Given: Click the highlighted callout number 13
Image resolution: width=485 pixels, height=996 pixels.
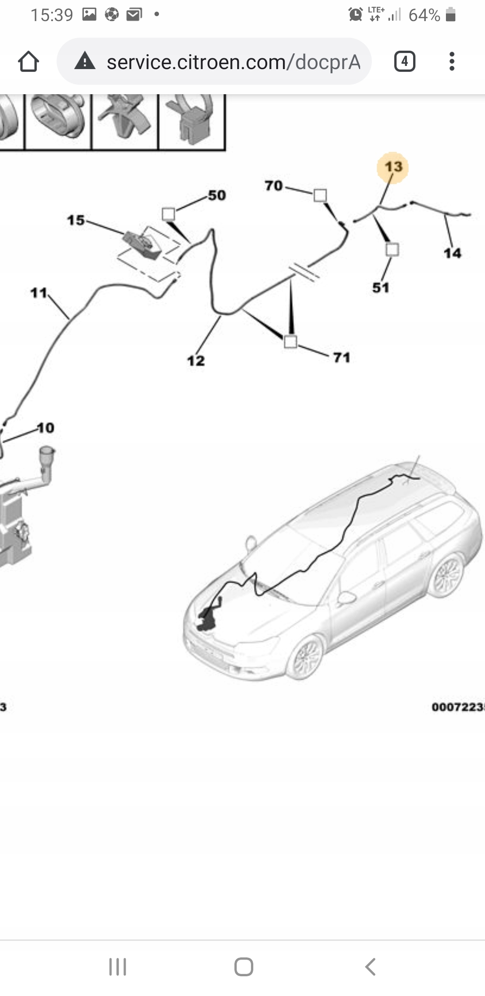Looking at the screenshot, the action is tap(393, 167).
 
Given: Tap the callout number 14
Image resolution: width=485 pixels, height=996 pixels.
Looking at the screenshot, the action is tap(452, 253).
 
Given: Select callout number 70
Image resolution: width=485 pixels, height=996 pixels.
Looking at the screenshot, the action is tap(273, 185).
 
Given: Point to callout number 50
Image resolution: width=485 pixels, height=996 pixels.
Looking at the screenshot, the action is tap(217, 196).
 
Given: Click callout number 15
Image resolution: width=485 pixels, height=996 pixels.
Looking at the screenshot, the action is tap(76, 220).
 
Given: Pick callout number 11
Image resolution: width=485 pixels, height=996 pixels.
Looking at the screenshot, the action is tap(39, 293).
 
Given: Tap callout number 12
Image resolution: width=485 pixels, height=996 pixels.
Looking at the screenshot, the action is tap(196, 361).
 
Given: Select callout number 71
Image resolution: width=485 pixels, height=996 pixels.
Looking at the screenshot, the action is tap(342, 358).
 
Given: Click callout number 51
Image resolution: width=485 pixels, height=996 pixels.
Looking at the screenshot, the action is tap(381, 288).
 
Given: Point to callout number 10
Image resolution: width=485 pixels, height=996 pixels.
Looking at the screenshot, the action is tap(45, 428).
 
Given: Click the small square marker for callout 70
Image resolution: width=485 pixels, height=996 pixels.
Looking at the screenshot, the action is tap(320, 195).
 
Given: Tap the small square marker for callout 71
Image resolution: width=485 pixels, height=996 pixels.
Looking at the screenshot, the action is tap(291, 342).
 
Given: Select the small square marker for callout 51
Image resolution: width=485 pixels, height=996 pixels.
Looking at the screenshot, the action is tap(392, 249).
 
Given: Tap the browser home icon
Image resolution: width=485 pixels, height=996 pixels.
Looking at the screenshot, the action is tap(28, 61).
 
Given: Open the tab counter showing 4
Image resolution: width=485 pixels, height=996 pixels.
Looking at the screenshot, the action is tap(405, 61).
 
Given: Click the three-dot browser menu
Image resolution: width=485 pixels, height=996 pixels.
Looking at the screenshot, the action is tap(452, 61).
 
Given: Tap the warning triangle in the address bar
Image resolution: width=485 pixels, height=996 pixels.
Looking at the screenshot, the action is tap(85, 61).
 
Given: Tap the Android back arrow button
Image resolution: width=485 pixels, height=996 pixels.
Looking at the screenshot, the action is tap(370, 967).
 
